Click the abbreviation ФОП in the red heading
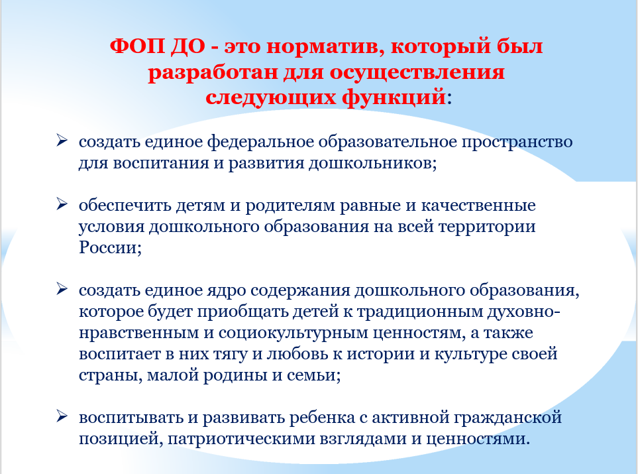tap(137, 46)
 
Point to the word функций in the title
tap(394, 97)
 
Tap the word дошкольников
tap(372, 163)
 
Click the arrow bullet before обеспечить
tap(62, 204)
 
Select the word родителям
tap(290, 206)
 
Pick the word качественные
tap(478, 206)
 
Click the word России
tap(110, 247)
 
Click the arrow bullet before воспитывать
tap(62, 416)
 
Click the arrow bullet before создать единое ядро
tap(62, 289)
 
